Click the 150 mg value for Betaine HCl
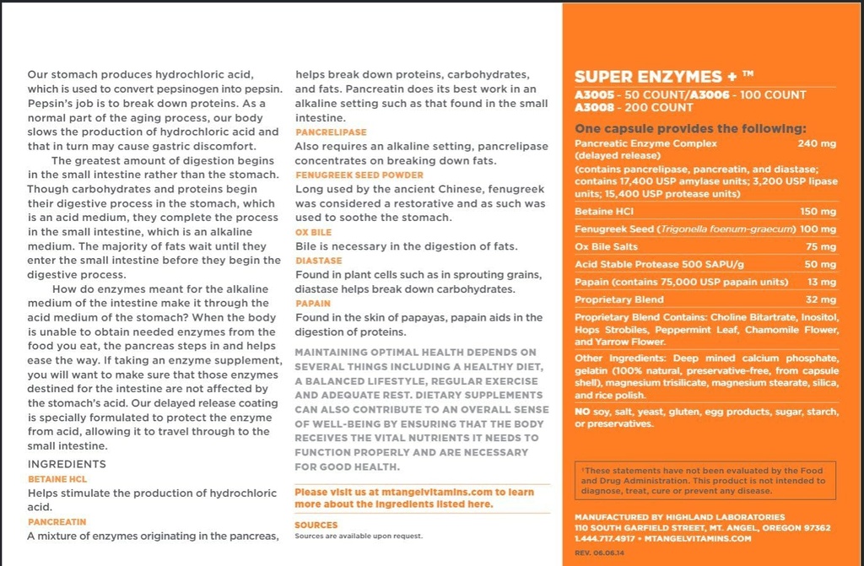pos(818,212)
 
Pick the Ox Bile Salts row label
pos(606,247)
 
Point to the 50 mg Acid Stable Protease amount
pos(821,265)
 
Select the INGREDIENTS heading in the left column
pos(67,464)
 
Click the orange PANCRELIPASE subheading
pos(331,132)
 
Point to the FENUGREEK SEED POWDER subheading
pos(347,175)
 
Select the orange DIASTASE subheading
pos(318,261)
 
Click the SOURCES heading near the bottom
pos(316,525)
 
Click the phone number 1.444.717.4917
pos(604,538)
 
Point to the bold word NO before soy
pos(581,412)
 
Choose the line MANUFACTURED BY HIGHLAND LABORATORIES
pos(679,517)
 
